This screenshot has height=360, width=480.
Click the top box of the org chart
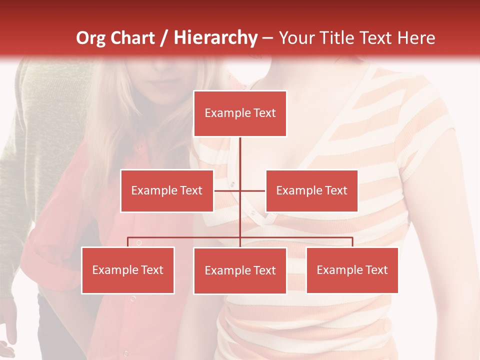click(x=240, y=113)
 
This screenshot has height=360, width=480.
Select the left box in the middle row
click(x=167, y=190)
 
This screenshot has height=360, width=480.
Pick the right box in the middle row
click(x=311, y=190)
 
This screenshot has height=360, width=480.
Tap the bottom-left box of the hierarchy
click(x=128, y=270)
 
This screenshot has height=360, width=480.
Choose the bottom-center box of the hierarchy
click(x=240, y=270)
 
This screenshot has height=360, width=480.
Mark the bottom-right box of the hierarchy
click(x=352, y=270)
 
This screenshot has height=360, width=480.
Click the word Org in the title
click(x=90, y=38)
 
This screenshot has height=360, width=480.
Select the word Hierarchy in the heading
click(x=215, y=38)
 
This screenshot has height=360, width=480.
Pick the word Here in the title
click(x=416, y=38)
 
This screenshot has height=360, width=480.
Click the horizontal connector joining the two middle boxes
click(x=227, y=190)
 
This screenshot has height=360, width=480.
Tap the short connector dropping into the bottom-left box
click(x=128, y=242)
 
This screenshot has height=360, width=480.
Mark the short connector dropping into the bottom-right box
click(x=352, y=242)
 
